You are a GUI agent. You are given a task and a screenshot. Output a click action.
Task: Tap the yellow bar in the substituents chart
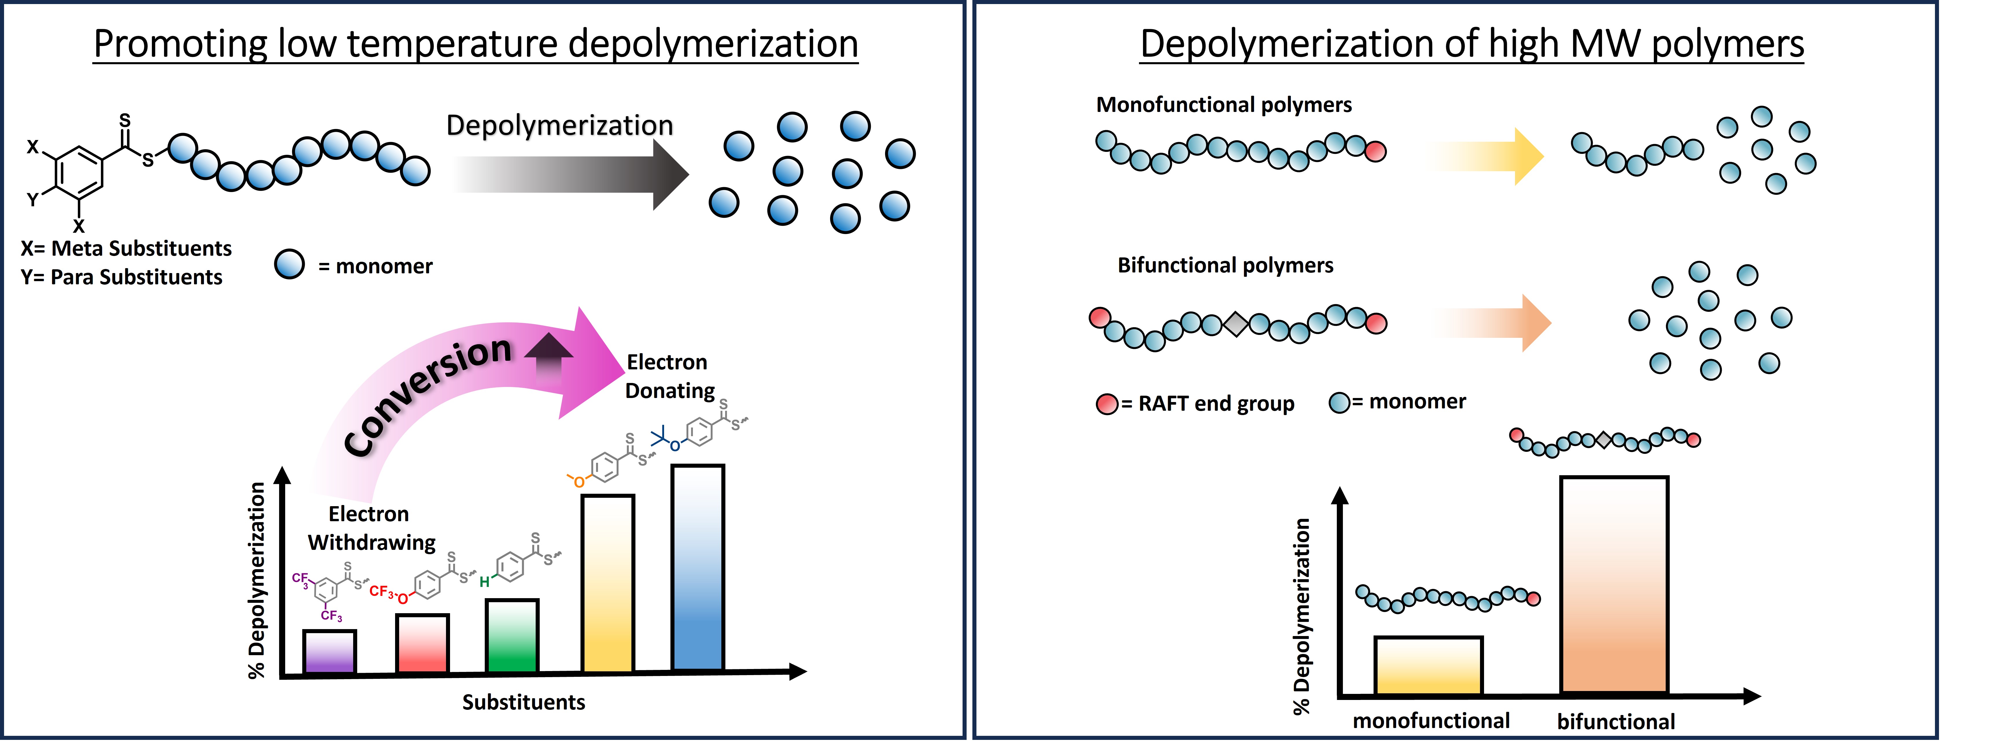point(607,583)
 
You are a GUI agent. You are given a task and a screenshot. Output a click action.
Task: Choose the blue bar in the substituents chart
point(698,568)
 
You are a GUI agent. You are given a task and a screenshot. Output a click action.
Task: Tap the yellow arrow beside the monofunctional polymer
point(1485,156)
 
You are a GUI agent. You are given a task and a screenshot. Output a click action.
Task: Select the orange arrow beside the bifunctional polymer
point(1493,323)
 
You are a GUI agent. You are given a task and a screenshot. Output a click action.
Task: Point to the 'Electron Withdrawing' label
point(371,528)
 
